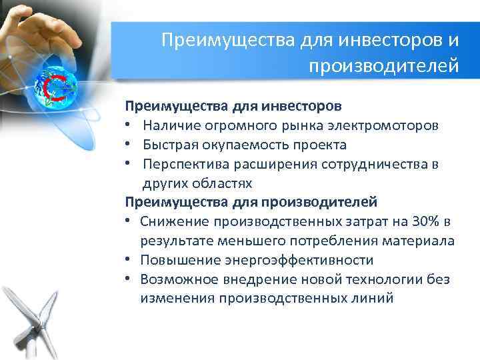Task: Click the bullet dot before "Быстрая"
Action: tap(128, 145)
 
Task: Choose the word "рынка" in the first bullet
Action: tap(304, 125)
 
